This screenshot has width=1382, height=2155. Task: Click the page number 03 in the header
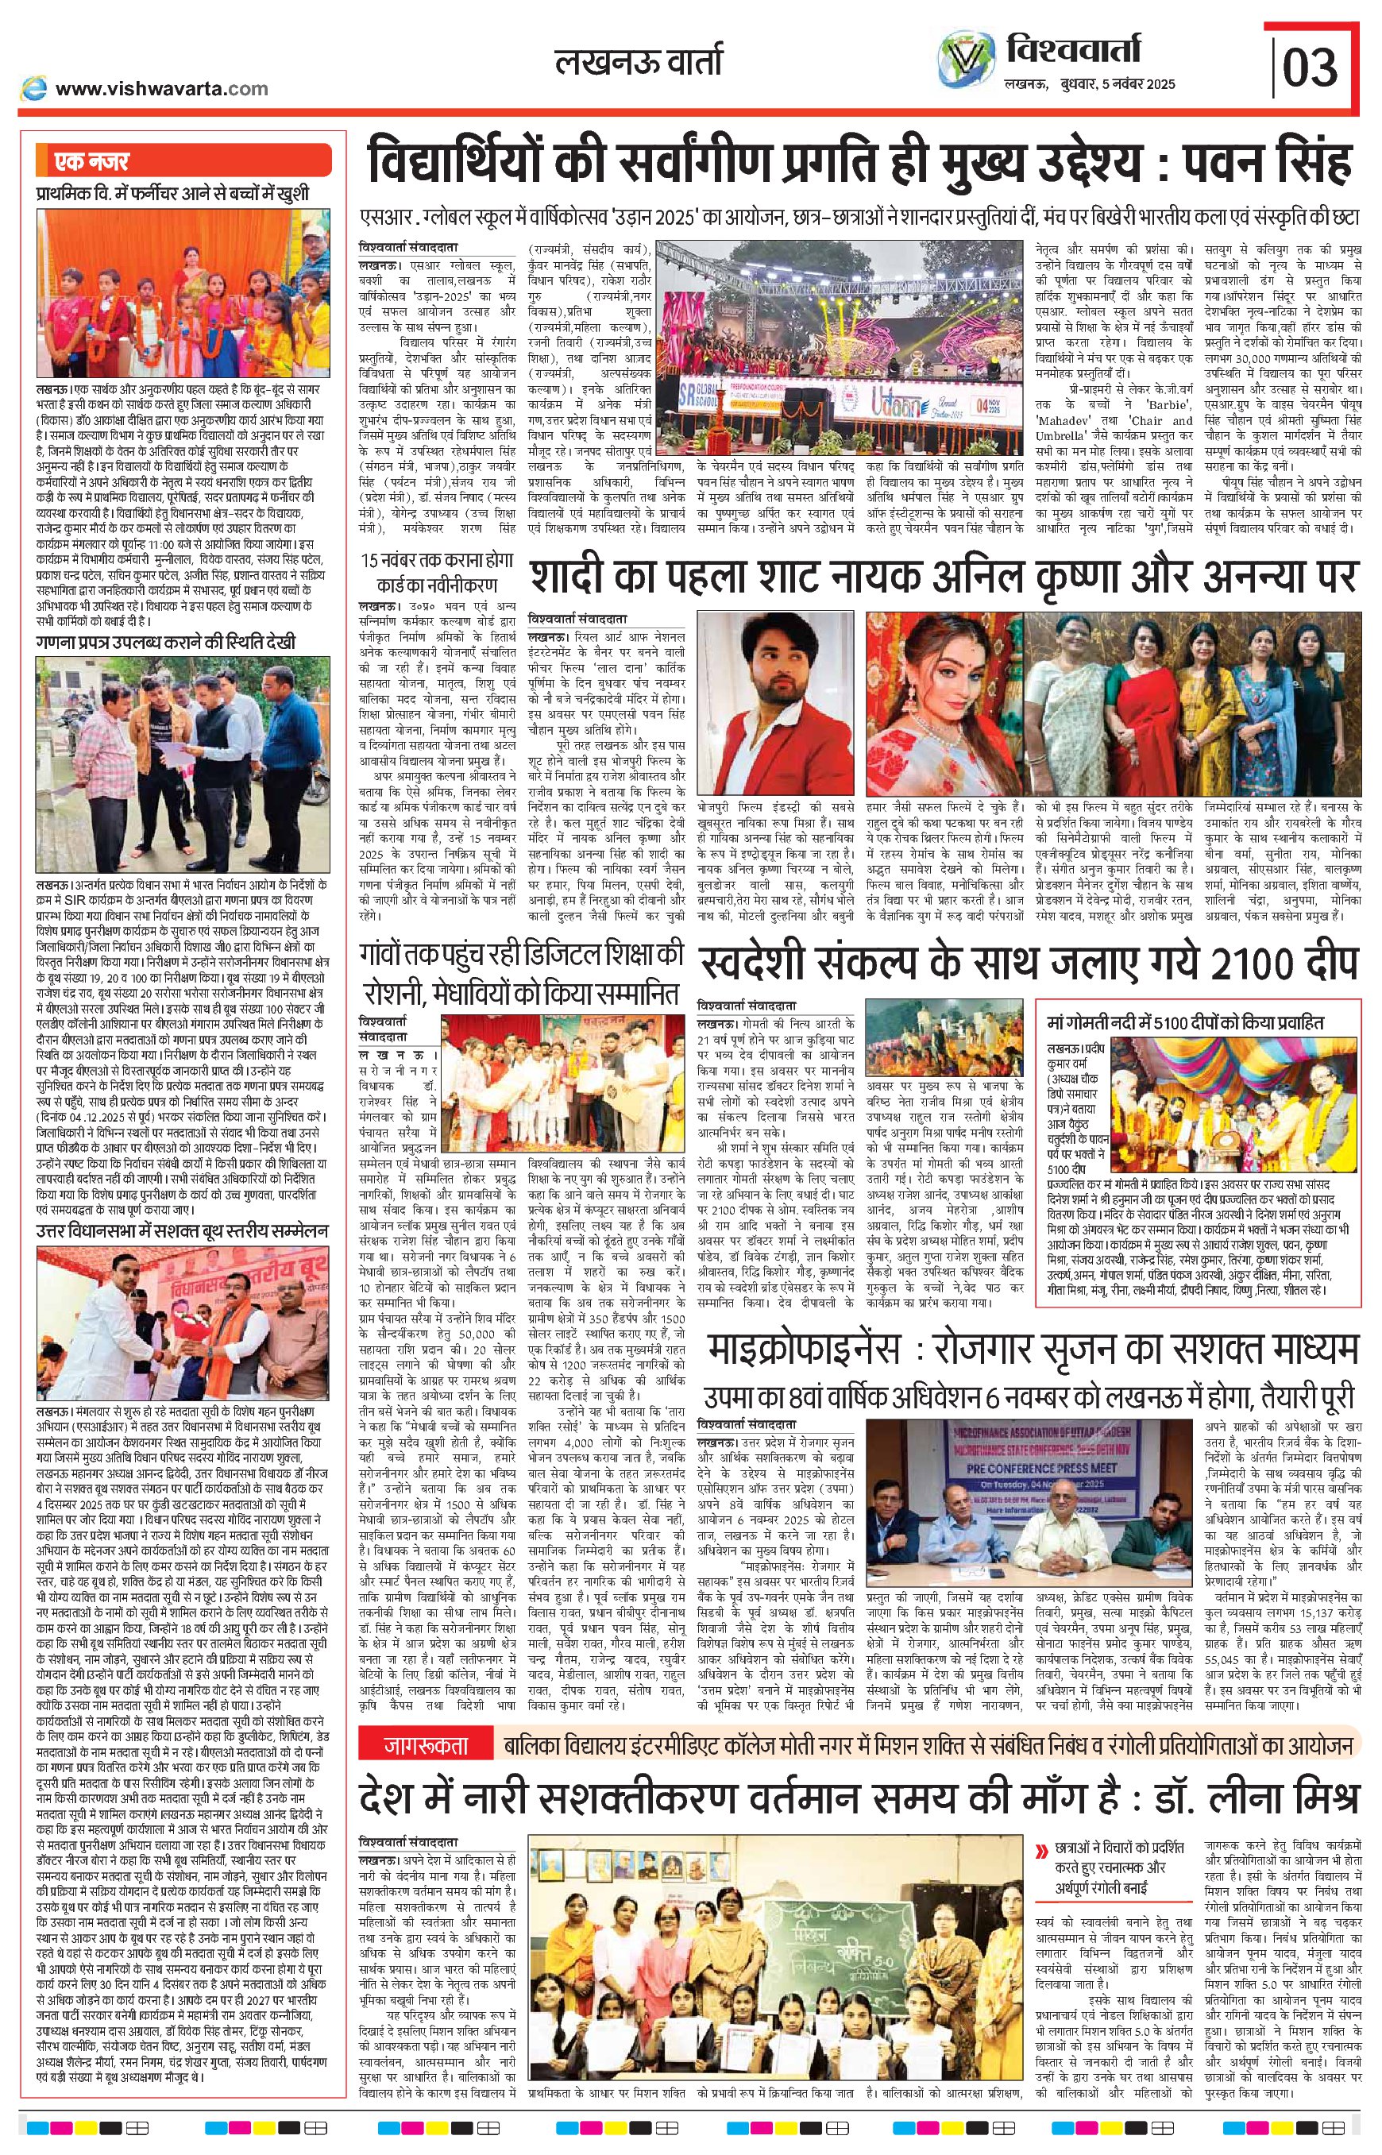[1311, 67]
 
